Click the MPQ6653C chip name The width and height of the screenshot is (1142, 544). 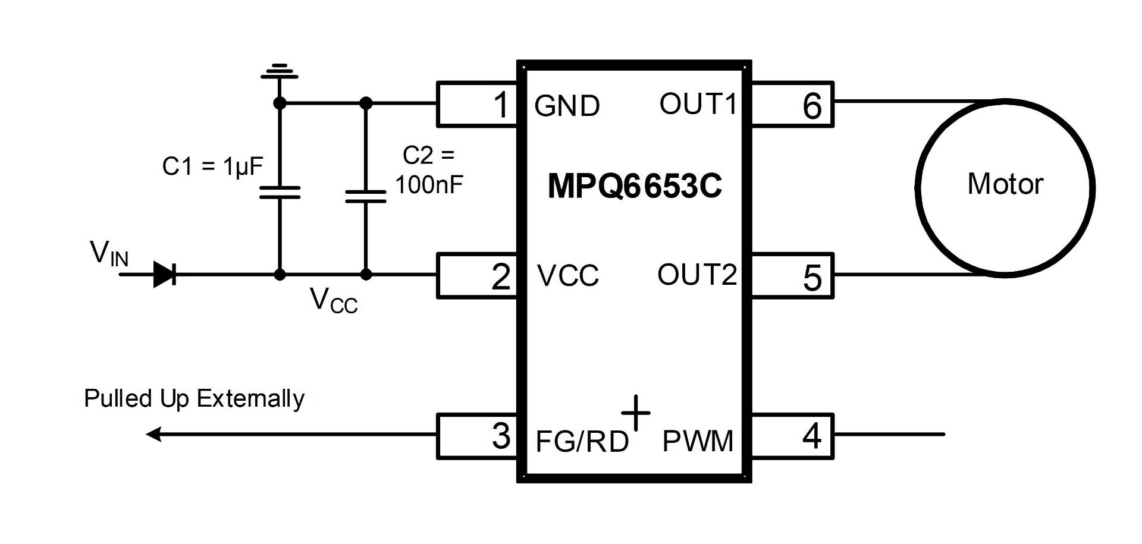coord(634,186)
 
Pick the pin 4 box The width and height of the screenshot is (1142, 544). coord(792,436)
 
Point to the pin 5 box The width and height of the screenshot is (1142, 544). coord(792,275)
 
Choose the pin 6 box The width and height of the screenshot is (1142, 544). coord(792,104)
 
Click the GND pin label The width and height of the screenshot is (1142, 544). coord(567,106)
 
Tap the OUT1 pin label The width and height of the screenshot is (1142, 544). coord(698,104)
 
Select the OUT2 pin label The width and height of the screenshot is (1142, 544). coord(697,275)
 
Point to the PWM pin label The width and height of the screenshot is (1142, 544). coord(698,441)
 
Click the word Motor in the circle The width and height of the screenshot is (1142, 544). coord(1005,184)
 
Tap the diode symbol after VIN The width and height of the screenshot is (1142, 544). coord(164,275)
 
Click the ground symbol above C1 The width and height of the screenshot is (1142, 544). coord(280,71)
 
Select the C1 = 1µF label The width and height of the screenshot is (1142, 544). coord(212,166)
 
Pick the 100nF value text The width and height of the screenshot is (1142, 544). coord(429,185)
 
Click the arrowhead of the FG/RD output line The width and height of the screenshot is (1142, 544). coord(153,435)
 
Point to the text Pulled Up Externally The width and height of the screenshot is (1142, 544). coord(194,398)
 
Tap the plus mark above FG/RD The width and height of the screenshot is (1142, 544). coord(636,413)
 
